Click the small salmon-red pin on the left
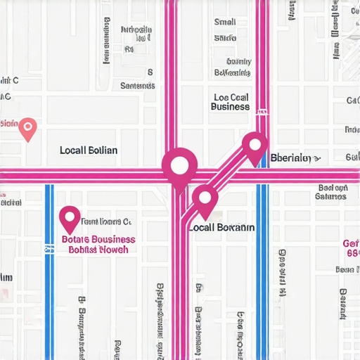pos(27,129)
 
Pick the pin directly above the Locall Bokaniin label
pos(205,200)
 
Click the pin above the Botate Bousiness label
pos(70,219)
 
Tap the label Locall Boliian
pos(89,150)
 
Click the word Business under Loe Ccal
pos(230,107)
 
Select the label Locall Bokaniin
pos(221,228)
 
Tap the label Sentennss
pos(137,86)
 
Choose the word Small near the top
pos(225,22)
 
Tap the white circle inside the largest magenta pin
pos(179,166)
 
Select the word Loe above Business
pos(219,97)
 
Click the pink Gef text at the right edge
pos(351,243)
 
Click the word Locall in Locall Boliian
pos(73,150)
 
